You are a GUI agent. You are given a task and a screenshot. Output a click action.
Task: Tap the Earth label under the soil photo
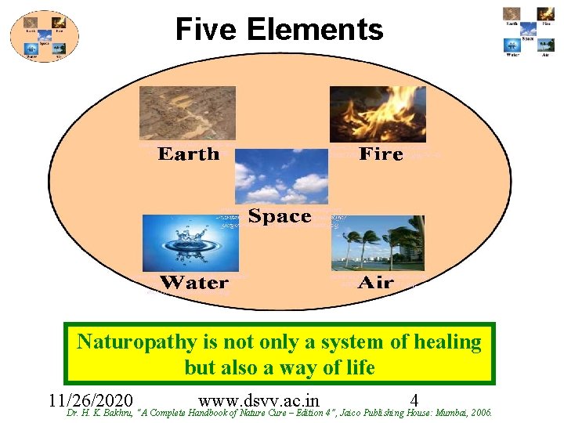[189, 154]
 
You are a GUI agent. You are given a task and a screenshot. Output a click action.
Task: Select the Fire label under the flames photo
[381, 154]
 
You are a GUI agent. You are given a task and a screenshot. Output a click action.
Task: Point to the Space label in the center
[280, 216]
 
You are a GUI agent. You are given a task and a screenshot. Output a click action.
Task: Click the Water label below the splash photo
[194, 282]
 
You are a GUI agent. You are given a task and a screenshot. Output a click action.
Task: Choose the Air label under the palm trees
[375, 282]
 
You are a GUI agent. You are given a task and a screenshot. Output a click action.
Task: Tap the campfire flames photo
[378, 114]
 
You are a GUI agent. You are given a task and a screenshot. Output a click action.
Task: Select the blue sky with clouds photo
[281, 176]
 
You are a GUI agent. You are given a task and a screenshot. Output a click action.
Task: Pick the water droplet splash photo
[190, 243]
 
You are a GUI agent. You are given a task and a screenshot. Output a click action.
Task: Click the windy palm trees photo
[378, 243]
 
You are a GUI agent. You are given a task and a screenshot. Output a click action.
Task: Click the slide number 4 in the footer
[414, 399]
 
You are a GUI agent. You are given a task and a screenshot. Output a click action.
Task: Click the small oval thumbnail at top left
[45, 36]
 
